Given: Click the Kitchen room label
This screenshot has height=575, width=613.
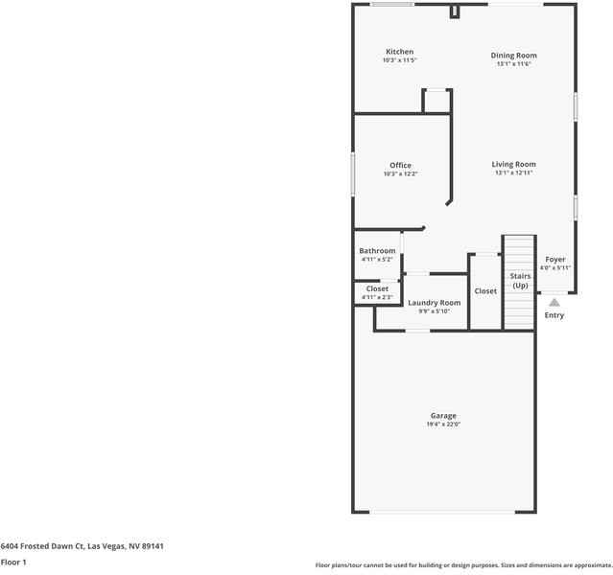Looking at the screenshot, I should pos(399,52).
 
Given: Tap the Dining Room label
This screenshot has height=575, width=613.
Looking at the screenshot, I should pos(513,56).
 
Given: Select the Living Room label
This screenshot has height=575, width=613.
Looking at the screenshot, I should pos(513,164).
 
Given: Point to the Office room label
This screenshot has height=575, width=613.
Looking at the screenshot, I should pos(400,166).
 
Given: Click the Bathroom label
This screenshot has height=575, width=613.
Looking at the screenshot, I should pos(377,251).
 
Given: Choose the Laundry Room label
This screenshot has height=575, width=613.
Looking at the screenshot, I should pos(434,303).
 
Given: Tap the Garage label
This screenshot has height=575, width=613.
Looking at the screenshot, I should pos(442,416).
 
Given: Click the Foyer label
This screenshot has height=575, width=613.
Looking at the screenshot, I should pos(555,260).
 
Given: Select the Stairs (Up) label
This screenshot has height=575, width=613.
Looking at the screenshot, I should pos(520,281).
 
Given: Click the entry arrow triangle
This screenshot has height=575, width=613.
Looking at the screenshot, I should pos(554,302).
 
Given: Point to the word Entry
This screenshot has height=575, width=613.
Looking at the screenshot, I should pos(554,315).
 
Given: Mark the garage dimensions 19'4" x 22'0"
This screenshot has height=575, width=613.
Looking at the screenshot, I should pos(442,425).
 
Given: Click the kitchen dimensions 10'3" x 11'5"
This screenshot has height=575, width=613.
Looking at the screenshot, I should pos(399,60).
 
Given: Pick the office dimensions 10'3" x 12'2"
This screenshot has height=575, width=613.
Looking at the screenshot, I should pos(400,174).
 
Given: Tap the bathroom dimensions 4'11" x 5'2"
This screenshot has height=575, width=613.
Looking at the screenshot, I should pos(377,260).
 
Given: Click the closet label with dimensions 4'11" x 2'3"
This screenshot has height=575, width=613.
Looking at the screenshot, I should pos(377,288).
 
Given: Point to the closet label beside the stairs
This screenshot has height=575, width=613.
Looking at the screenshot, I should pos(485,291).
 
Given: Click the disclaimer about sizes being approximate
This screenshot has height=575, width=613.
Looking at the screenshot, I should pos(463,564).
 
